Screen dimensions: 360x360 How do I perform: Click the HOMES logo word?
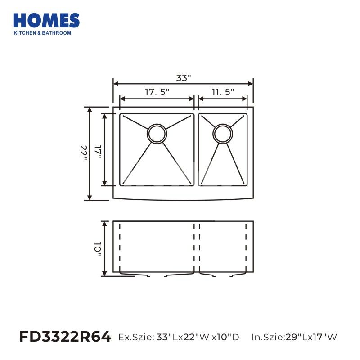click(x=47, y=20)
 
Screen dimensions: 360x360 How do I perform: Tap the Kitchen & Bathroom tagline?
click(x=42, y=33)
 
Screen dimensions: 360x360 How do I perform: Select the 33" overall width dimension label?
click(x=184, y=78)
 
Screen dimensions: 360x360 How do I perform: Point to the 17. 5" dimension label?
click(x=157, y=92)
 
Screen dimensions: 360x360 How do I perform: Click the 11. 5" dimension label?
click(x=223, y=92)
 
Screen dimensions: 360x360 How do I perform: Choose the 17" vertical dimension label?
click(x=98, y=152)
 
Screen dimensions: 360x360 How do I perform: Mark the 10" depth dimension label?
click(x=98, y=249)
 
